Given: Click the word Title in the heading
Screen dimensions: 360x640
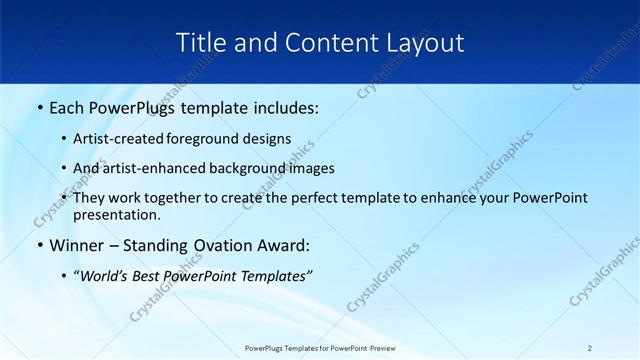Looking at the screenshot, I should click(x=196, y=43).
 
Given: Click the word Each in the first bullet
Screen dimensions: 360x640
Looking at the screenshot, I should click(x=68, y=108).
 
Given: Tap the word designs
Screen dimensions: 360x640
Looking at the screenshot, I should click(x=268, y=139).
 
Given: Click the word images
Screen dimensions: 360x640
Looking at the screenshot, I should click(x=310, y=168).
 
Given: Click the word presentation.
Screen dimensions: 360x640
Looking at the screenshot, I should click(x=116, y=214).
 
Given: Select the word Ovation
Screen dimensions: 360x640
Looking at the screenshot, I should click(x=215, y=245).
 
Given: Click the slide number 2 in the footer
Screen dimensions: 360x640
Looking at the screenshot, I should click(x=590, y=348).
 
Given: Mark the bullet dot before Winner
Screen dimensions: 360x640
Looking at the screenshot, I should click(x=39, y=246).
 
